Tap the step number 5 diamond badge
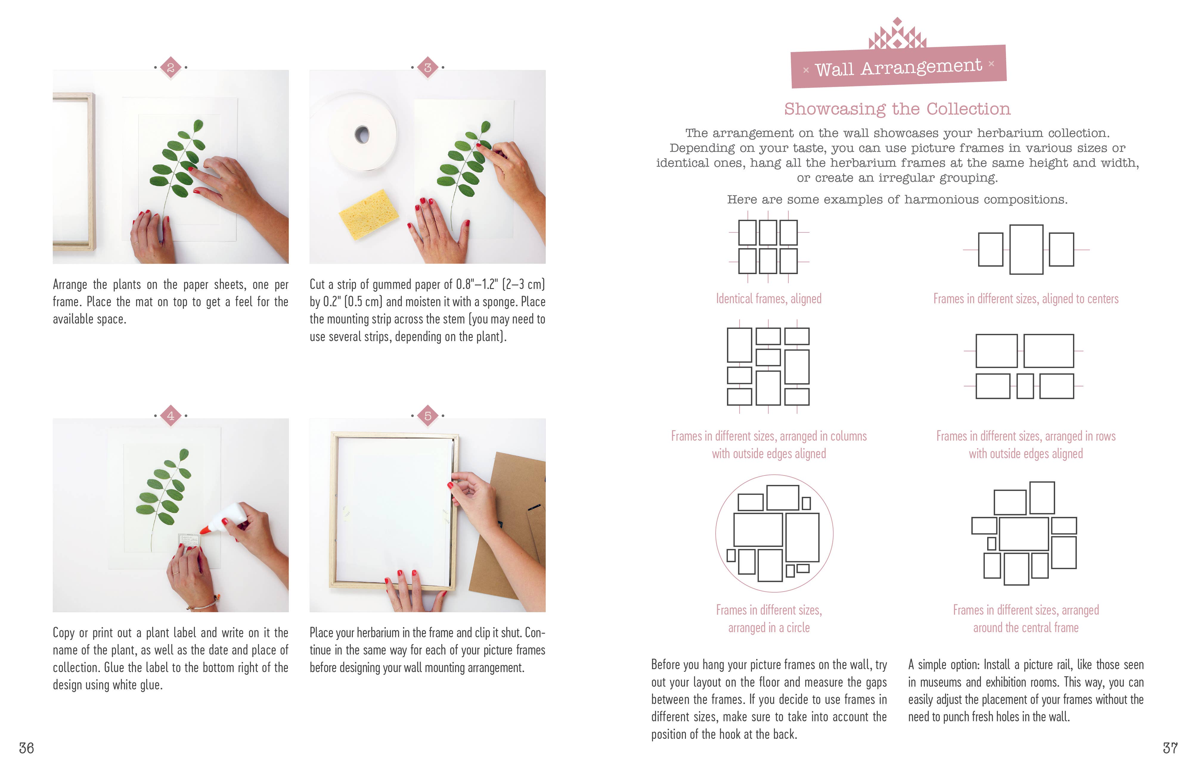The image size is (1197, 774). pos(427,416)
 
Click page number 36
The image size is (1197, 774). pos(26,748)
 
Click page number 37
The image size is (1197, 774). pos(1170,748)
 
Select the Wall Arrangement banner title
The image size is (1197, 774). pos(898,67)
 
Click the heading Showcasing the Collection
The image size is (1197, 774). pos(897,108)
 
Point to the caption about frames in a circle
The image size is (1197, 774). pos(769,619)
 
